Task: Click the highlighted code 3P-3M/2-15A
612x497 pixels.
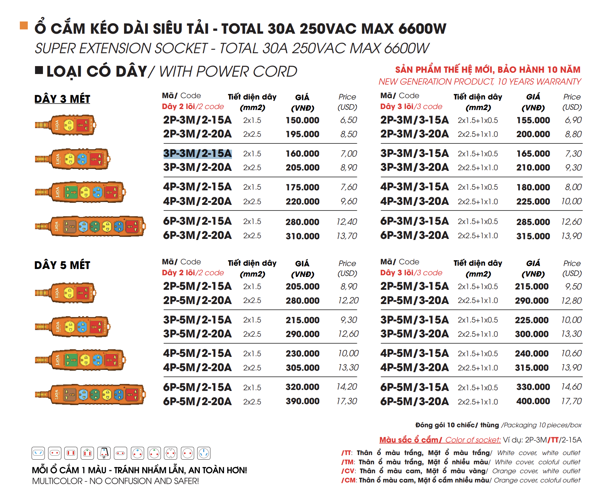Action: (197, 154)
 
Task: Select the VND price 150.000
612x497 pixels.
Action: (302, 120)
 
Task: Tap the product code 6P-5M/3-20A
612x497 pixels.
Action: (414, 401)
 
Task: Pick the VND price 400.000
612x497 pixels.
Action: (533, 401)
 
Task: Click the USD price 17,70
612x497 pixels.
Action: (571, 401)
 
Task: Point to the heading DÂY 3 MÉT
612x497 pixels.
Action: (62, 99)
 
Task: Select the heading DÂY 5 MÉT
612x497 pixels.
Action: (62, 265)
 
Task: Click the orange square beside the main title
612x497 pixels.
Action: (24, 25)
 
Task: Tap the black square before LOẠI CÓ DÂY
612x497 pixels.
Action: (39, 70)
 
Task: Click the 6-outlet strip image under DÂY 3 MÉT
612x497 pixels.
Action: (90, 227)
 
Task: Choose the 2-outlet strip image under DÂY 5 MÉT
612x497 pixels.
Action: (66, 293)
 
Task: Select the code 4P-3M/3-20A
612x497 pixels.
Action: (414, 202)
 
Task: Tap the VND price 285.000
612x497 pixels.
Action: (533, 222)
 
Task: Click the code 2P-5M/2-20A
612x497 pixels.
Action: (197, 301)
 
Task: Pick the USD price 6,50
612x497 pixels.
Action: (348, 120)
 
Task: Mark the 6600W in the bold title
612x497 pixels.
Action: (422, 29)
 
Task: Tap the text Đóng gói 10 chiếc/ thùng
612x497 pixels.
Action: (457, 425)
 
